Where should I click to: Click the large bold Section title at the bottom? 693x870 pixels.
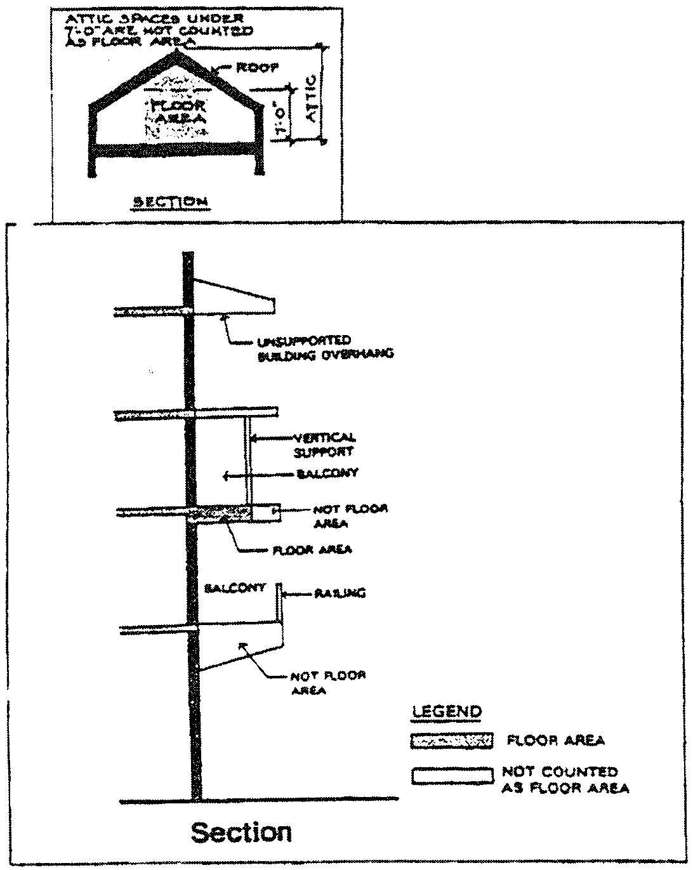click(x=241, y=831)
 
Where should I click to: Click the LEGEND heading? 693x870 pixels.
click(x=447, y=712)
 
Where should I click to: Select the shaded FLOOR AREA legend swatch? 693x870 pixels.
click(x=452, y=741)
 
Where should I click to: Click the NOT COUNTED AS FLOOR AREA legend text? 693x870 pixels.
click(x=565, y=780)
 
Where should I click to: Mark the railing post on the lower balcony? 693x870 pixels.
click(x=278, y=602)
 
